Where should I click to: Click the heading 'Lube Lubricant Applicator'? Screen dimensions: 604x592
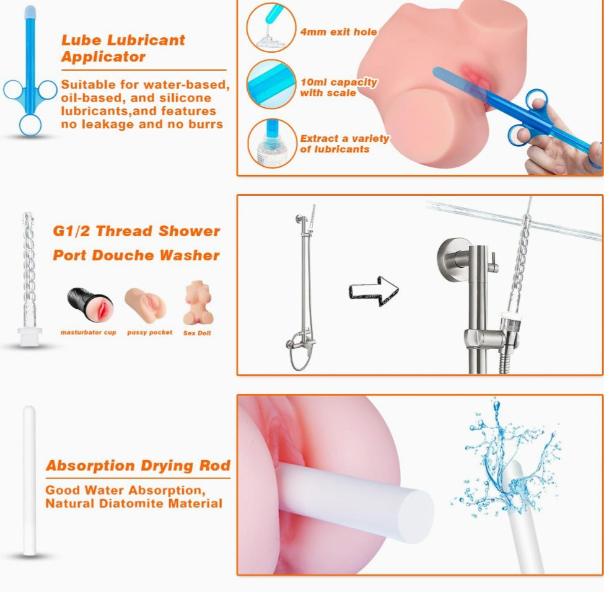123,48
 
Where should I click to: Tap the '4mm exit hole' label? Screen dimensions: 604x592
339,32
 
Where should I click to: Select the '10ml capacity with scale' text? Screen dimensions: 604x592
339,87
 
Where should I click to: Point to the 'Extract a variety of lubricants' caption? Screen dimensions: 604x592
344,144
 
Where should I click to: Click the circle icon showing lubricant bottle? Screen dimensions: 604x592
271,143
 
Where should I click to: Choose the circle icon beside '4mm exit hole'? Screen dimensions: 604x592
271,27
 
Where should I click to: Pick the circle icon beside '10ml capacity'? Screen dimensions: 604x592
271,84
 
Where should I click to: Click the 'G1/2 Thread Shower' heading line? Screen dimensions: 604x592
136,231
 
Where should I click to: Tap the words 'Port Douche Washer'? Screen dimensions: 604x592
136,255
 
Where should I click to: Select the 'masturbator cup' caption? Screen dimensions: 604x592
88,332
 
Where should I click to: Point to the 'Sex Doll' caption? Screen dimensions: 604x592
197,333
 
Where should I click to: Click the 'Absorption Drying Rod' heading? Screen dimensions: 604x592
138,466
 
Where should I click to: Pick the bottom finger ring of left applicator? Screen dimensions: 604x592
30,125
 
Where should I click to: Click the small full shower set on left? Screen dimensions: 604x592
302,287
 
